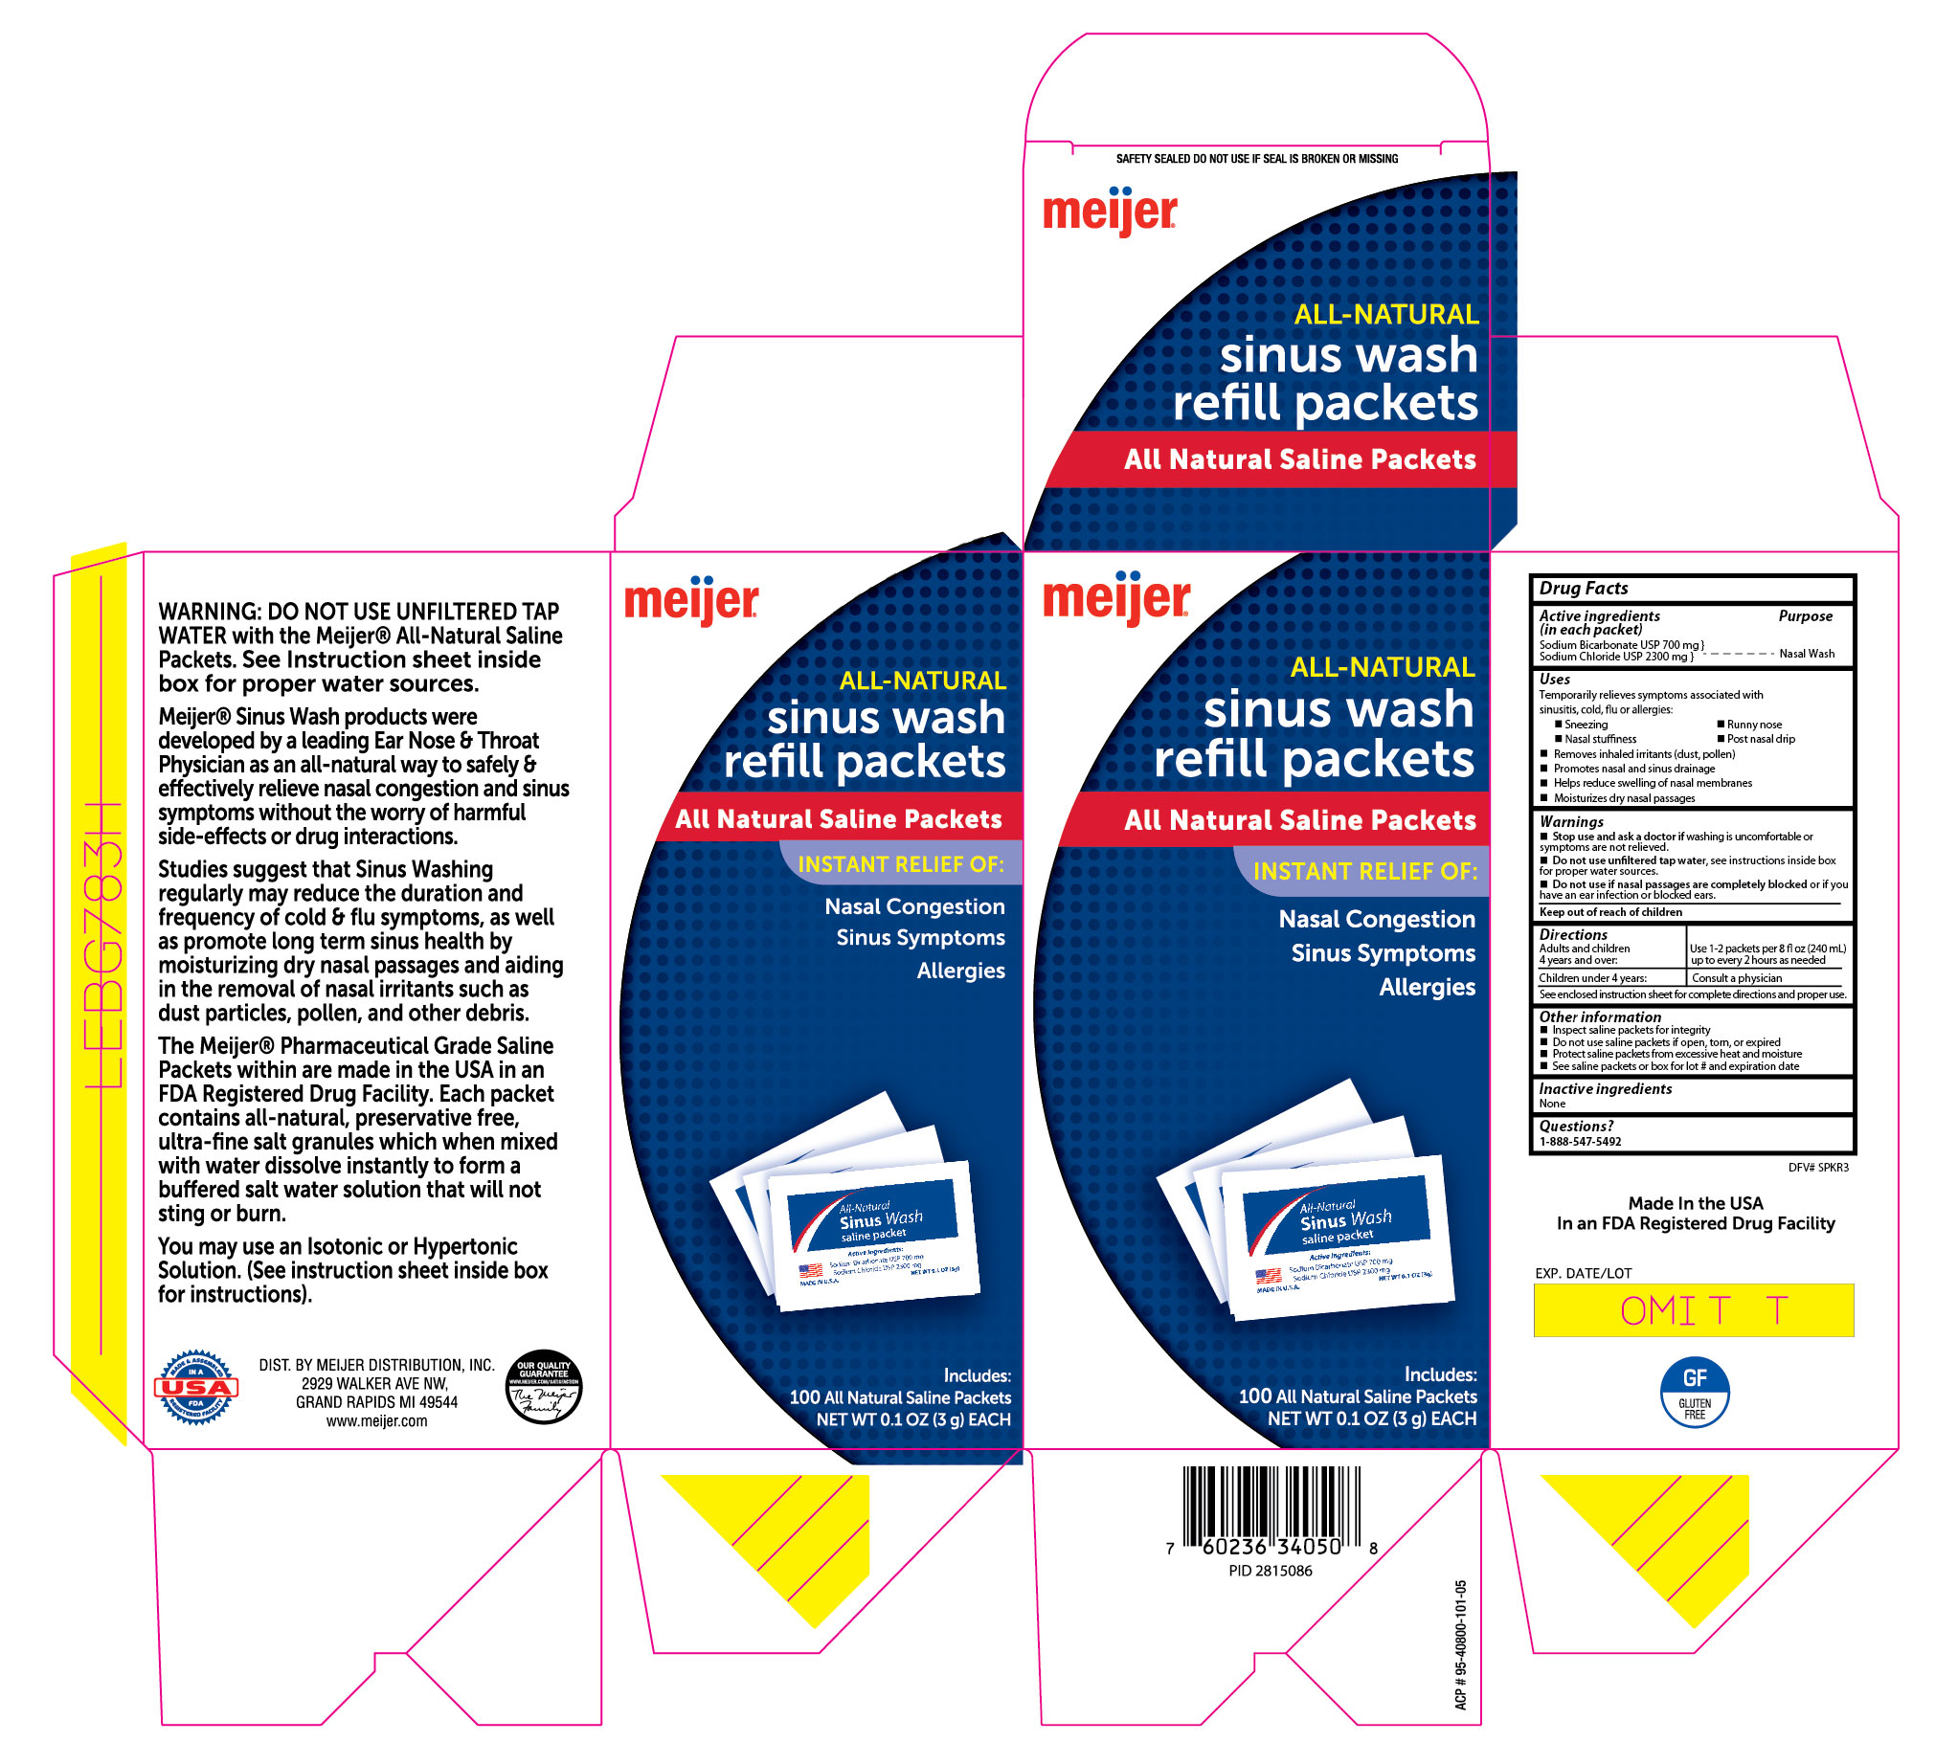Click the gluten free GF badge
tap(1694, 1392)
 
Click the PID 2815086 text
tap(1270, 1571)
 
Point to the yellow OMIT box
tap(1693, 1310)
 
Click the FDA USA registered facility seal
tap(196, 1387)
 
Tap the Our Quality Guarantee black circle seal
tap(543, 1386)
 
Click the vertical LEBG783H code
tap(105, 946)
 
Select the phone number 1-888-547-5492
tap(1580, 1142)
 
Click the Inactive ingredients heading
tap(1605, 1089)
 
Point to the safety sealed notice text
tap(1256, 159)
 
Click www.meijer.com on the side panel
tap(376, 1421)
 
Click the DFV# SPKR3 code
tap(1818, 1168)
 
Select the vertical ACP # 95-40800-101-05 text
tap(1461, 1644)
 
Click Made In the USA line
tap(1695, 1203)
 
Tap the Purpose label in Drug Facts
tap(1805, 616)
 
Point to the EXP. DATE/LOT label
tap(1583, 1274)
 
